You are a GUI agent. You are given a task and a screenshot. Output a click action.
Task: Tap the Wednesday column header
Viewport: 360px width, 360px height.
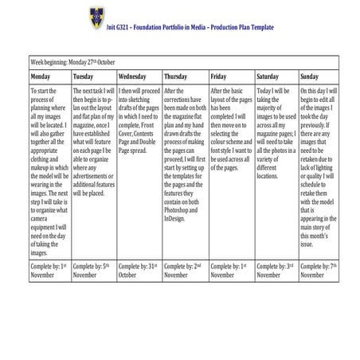[x=131, y=76]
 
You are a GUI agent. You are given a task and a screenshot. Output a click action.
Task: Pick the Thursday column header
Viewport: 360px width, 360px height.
[x=175, y=76]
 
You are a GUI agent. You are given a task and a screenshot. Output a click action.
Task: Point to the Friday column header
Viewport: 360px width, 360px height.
[x=219, y=76]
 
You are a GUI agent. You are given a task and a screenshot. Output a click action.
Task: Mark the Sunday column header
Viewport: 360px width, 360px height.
[x=310, y=76]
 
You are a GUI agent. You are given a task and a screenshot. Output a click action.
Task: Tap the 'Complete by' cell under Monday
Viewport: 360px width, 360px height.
[x=49, y=270]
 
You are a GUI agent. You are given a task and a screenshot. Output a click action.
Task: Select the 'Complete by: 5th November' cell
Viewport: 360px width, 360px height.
[x=92, y=270]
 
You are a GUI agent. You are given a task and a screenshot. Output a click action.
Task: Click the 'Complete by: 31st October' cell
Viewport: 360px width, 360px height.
[x=139, y=270]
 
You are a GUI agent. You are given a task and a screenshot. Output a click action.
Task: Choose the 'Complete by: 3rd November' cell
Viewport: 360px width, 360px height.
[x=276, y=270]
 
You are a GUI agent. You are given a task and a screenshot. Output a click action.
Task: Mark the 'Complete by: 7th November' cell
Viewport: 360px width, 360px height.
[x=319, y=270]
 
